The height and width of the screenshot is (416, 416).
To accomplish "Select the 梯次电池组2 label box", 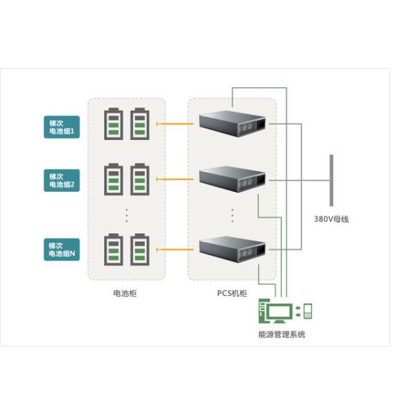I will tap(62, 181).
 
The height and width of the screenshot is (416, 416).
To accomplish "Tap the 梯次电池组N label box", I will tap(62, 250).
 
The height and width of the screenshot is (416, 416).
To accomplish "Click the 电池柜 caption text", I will tap(125, 293).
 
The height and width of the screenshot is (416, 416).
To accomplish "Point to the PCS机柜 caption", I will tap(231, 293).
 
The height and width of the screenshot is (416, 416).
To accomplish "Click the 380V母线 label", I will tap(331, 219).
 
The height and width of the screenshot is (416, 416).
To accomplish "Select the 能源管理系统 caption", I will tap(281, 335).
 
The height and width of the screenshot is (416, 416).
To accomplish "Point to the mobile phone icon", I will tap(307, 311).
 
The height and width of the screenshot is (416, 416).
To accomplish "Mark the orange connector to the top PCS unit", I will tap(177, 125).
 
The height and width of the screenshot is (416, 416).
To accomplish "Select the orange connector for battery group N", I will tap(177, 248).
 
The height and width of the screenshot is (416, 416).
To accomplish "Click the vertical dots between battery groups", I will tap(128, 214).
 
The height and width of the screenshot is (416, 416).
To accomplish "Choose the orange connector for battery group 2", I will tap(177, 179).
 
